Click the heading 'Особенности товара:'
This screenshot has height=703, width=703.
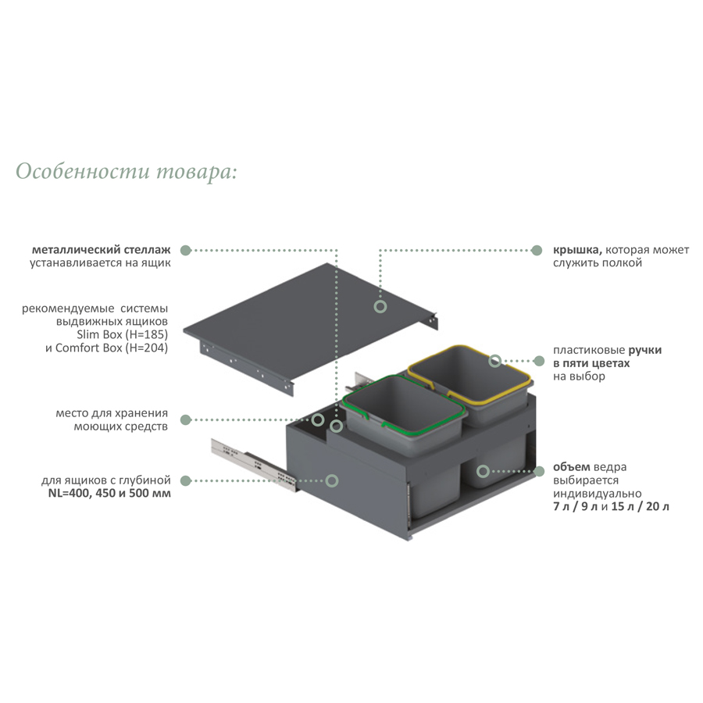click(x=126, y=172)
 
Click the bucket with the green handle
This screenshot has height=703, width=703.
click(x=404, y=415)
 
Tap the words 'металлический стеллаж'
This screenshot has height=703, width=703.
click(x=102, y=250)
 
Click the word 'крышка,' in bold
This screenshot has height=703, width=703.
click(x=577, y=250)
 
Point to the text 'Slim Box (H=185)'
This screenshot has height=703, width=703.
click(x=123, y=334)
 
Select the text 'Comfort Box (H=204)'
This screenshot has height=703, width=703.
click(x=112, y=348)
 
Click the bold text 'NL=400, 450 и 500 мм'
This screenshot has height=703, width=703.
click(x=109, y=493)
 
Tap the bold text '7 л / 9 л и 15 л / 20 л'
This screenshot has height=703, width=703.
click(x=611, y=507)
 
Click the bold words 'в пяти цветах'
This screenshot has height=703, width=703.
click(x=591, y=363)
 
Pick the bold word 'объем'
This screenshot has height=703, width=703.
click(x=572, y=467)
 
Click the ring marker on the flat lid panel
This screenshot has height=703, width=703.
click(x=380, y=307)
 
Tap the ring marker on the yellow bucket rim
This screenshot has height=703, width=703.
click(x=495, y=361)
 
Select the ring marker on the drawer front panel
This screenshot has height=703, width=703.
click(x=332, y=481)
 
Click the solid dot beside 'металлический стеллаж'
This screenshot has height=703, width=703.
click(x=186, y=250)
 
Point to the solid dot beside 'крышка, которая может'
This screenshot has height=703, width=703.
click(x=536, y=250)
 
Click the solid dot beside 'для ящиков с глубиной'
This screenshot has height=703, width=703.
click(x=186, y=481)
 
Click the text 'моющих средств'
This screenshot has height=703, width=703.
click(x=120, y=426)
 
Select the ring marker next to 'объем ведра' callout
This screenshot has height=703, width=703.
click(x=483, y=471)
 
